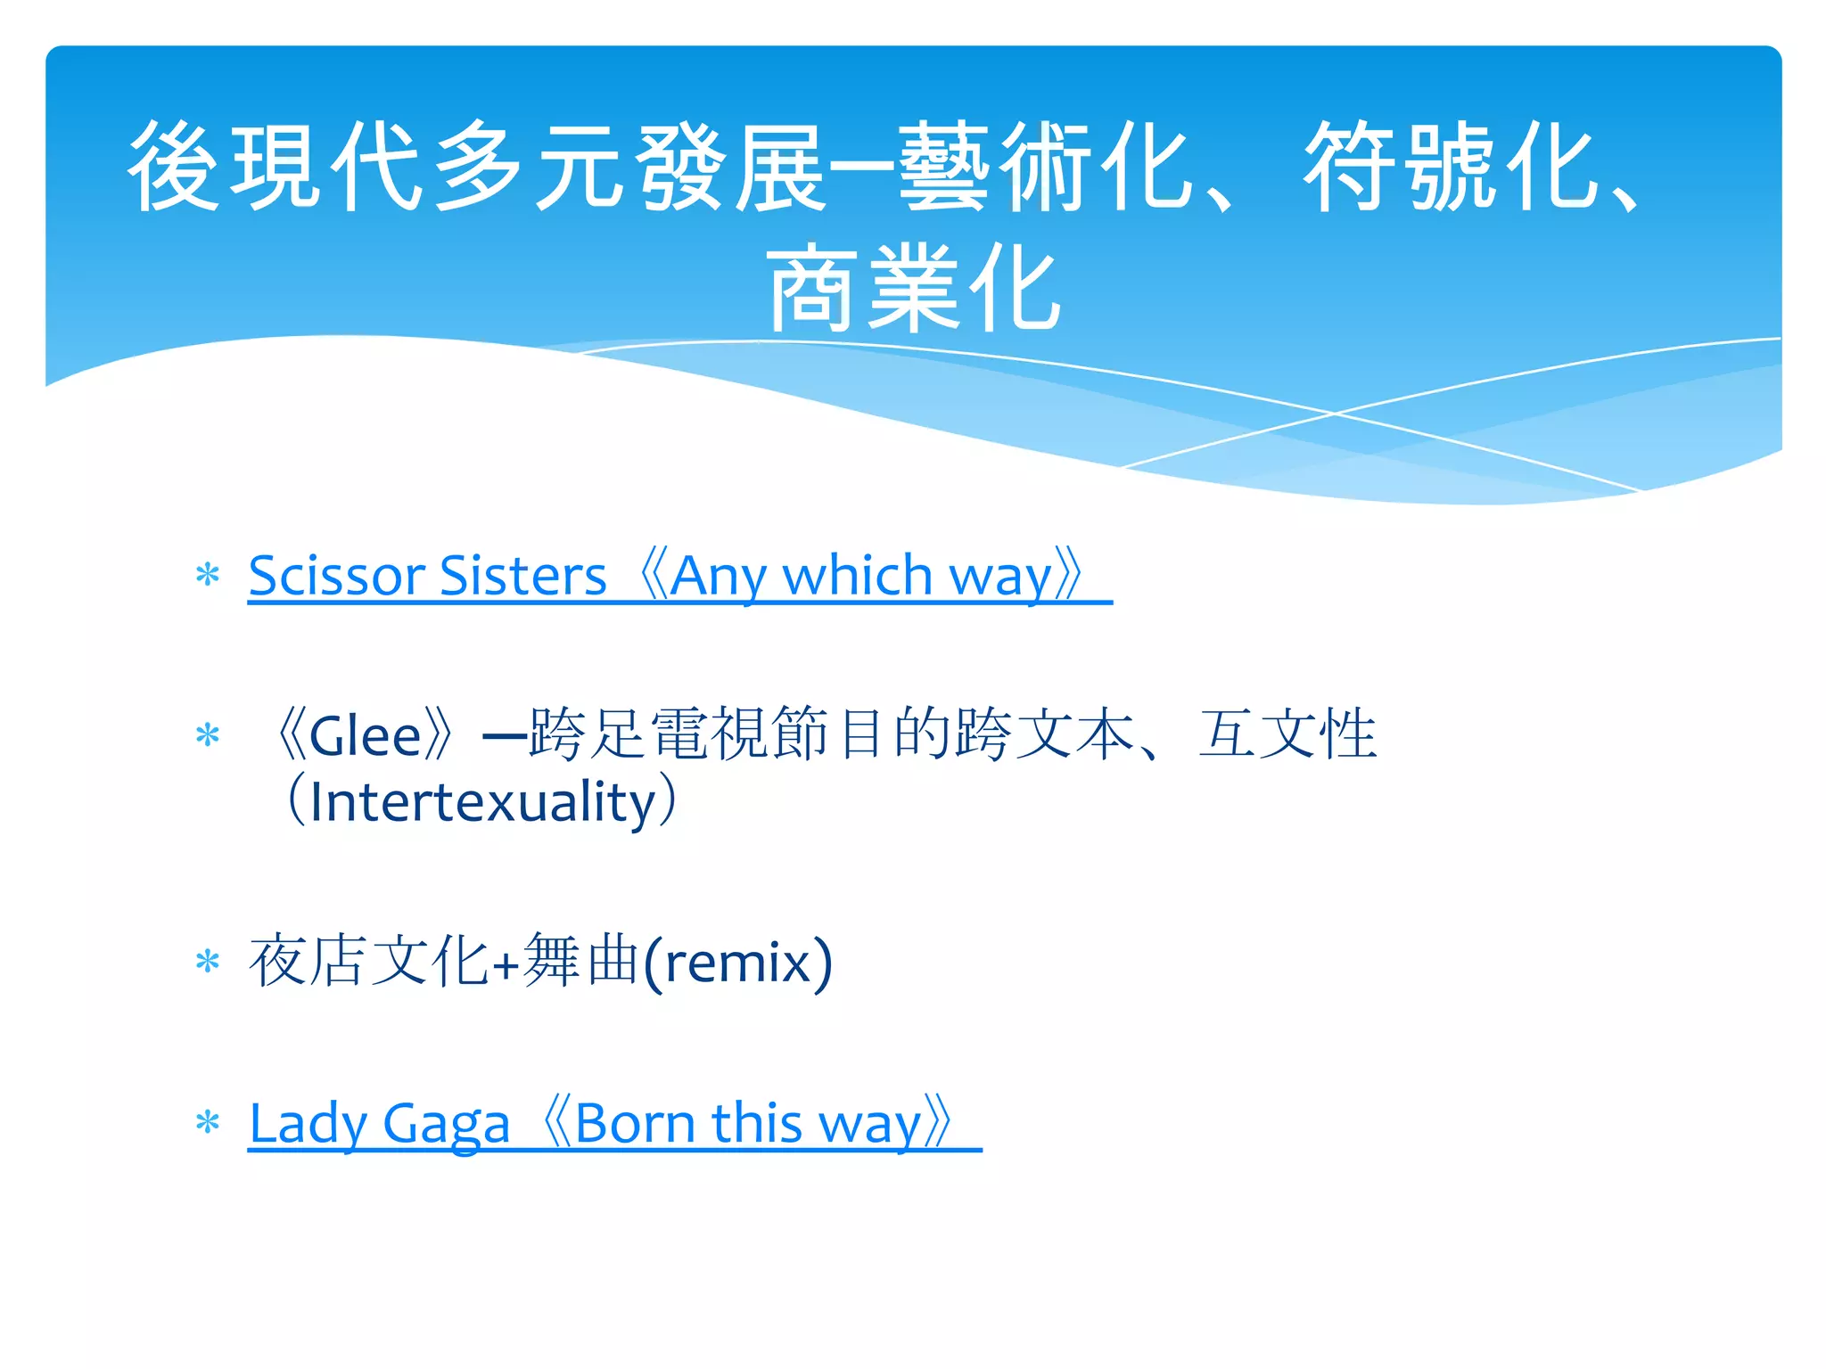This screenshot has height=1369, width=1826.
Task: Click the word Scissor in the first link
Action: (x=334, y=576)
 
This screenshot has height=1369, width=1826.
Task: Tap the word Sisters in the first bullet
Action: (x=522, y=576)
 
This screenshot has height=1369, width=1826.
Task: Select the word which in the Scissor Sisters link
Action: (x=857, y=576)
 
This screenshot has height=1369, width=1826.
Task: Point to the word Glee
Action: (x=365, y=736)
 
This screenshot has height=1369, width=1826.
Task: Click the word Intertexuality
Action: (x=482, y=802)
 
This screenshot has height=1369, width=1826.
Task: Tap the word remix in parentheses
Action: (x=737, y=963)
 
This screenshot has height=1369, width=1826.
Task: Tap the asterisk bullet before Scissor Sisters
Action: (x=208, y=575)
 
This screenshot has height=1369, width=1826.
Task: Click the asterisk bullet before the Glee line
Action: (x=208, y=735)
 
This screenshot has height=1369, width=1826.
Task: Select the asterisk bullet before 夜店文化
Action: (x=208, y=962)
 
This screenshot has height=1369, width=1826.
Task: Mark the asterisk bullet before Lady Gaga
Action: (x=208, y=1122)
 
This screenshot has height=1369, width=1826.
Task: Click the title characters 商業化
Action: (x=913, y=289)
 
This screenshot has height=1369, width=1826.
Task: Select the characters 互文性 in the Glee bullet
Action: (x=1287, y=734)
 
